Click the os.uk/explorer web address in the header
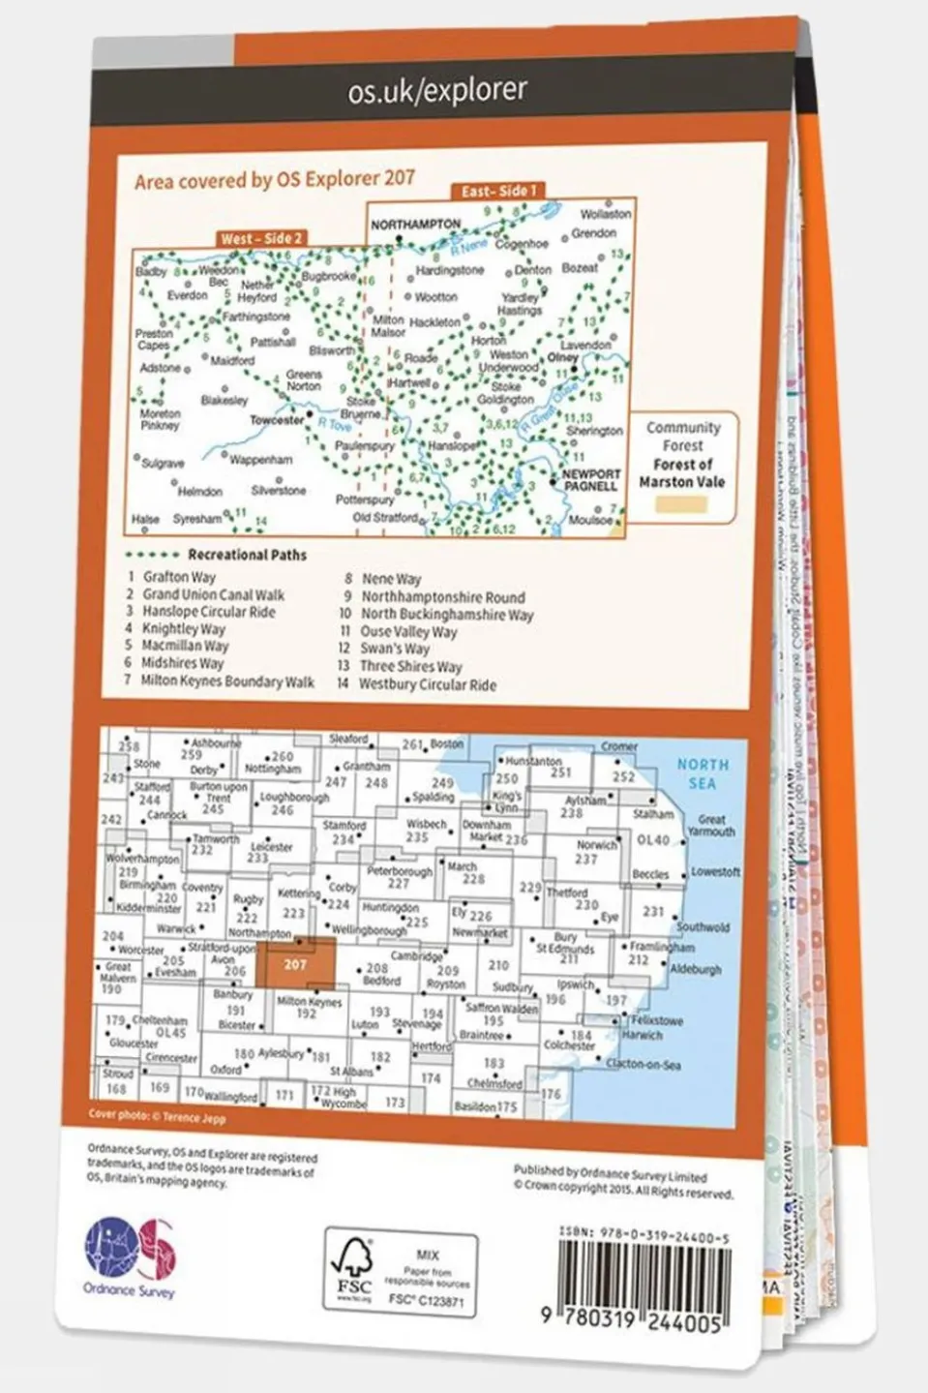coord(437,91)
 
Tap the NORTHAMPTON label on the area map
coord(416,225)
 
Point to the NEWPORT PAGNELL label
coord(590,480)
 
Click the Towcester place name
coord(277,420)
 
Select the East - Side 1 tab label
coord(497,191)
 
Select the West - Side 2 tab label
coord(261,238)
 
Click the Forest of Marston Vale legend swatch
coord(681,504)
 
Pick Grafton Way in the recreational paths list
coord(179,577)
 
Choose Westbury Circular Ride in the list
coord(427,684)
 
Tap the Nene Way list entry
coord(391,579)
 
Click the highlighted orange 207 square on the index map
coord(295,964)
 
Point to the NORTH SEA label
coord(703,773)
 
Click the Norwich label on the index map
coord(596,844)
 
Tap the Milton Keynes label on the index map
coord(309,1002)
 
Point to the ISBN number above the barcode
coord(644,1236)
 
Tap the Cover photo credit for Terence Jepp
coord(157,1116)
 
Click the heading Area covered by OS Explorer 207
coord(275,180)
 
